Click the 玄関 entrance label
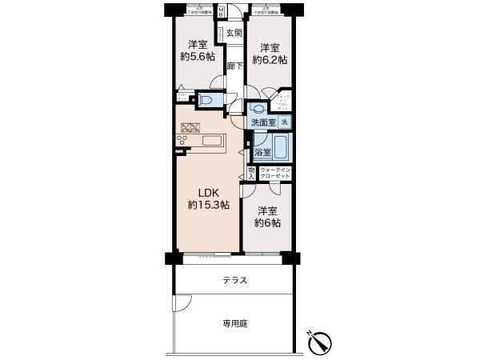tap(234, 33)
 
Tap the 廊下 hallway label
tap(234, 67)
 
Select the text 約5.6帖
tap(196, 57)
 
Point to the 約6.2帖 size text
tap(270, 59)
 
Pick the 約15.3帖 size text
tap(209, 206)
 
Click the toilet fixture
tap(205, 101)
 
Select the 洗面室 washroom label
tap(262, 122)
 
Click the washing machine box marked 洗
tap(284, 122)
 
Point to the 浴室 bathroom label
tap(262, 151)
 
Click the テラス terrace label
tap(234, 280)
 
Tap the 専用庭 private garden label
tap(234, 324)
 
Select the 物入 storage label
tap(250, 174)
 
